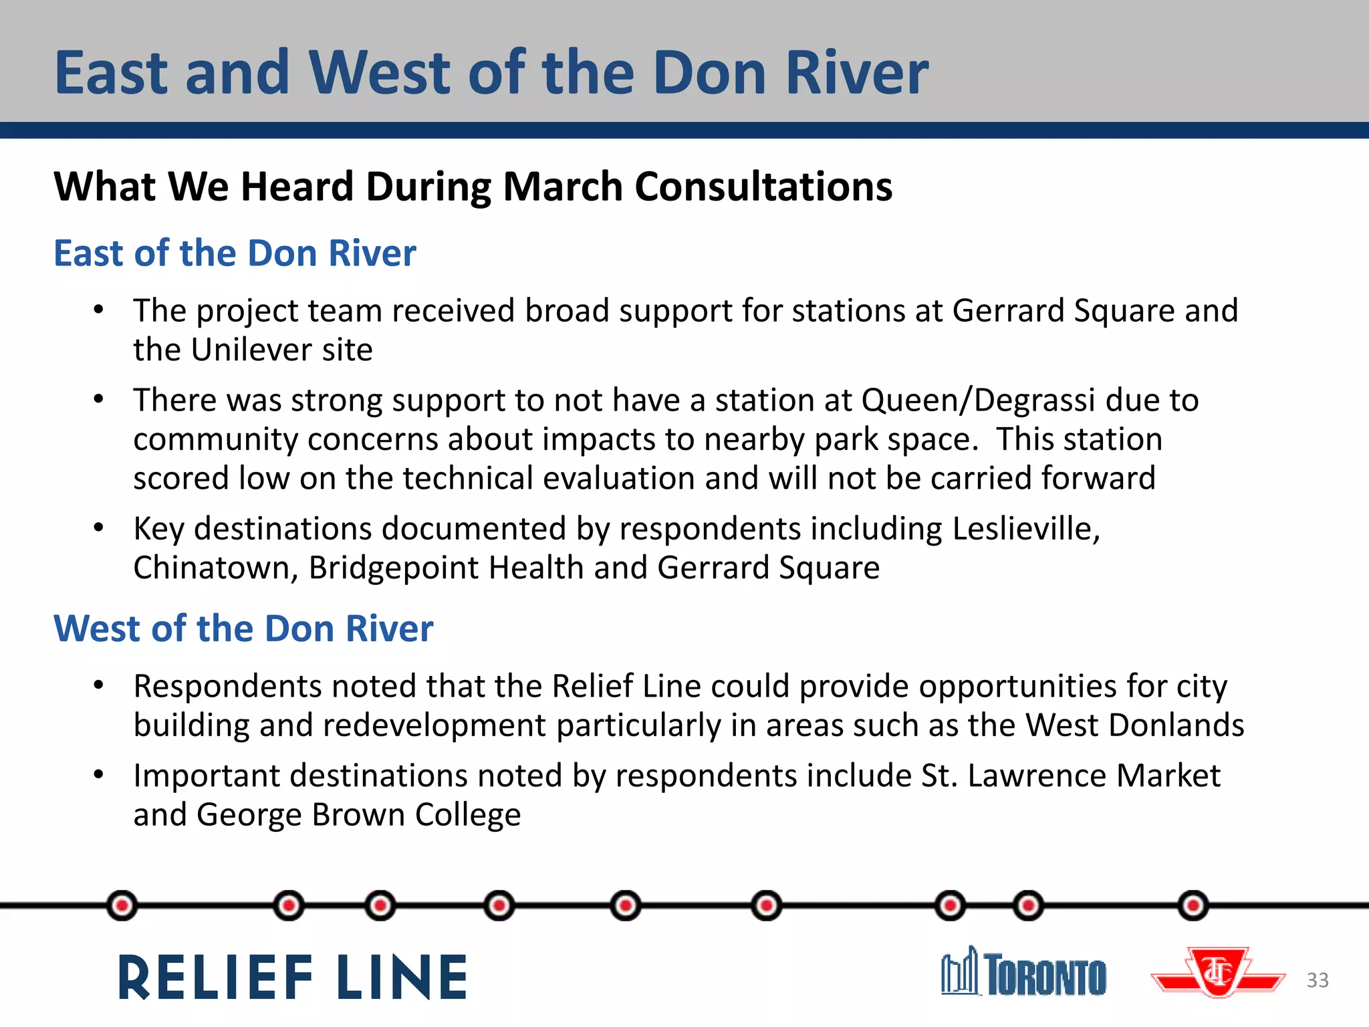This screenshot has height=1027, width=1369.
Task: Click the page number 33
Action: click(1318, 980)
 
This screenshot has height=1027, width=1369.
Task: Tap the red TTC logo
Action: click(1218, 973)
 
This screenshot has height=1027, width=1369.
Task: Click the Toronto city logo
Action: click(1023, 973)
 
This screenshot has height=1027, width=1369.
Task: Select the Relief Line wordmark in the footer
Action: click(293, 978)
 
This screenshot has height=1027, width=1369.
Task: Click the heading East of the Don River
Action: click(235, 253)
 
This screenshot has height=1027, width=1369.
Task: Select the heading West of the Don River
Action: click(243, 629)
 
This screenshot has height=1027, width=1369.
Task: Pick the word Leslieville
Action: click(1025, 528)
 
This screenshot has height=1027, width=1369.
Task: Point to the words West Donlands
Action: click(1134, 725)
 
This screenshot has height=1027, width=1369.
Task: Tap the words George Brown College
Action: click(358, 815)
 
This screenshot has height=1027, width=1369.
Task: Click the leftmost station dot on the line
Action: click(122, 906)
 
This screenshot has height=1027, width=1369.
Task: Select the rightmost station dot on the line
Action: click(1193, 906)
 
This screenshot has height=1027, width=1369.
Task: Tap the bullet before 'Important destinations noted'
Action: click(99, 775)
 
